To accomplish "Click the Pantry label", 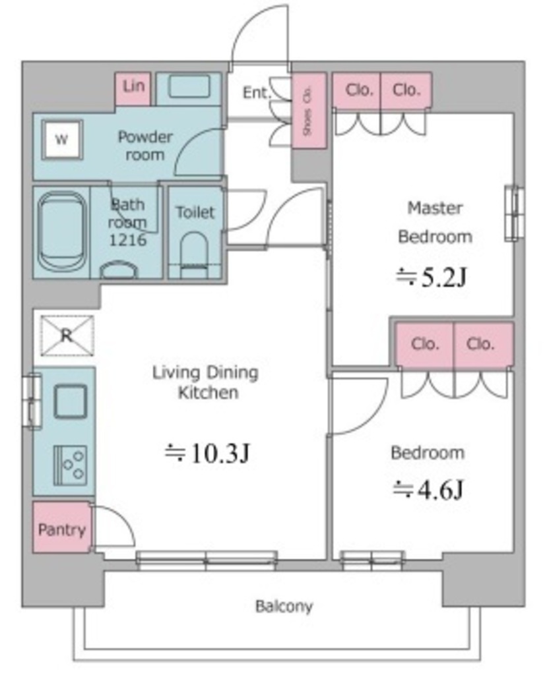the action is [61, 529].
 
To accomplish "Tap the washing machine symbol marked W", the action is [61, 140].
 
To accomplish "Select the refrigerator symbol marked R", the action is [67, 336].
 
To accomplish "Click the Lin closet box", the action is [133, 89].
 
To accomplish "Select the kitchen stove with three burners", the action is [70, 465].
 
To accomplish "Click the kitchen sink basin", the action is [70, 401].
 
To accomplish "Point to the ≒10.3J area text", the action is [207, 453].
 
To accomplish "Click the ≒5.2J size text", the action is [432, 277].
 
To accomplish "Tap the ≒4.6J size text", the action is [428, 490].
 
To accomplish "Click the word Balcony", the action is [284, 606].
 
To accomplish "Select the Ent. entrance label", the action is [257, 92].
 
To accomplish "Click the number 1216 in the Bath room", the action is [127, 239].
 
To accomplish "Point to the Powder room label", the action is [145, 146].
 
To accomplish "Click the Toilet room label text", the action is [195, 212].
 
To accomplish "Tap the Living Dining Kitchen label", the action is [206, 382].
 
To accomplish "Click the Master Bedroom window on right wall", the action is [514, 214].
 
